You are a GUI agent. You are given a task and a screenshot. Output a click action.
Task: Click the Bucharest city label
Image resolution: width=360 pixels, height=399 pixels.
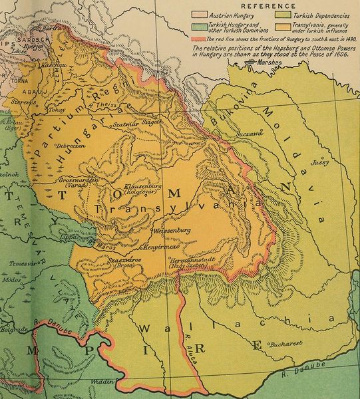(x=287, y=344)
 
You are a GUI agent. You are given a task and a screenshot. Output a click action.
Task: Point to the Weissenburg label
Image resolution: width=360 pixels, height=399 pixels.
(x=172, y=230)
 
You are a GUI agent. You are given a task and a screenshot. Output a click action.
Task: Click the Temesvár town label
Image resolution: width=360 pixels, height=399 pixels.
(x=21, y=263)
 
